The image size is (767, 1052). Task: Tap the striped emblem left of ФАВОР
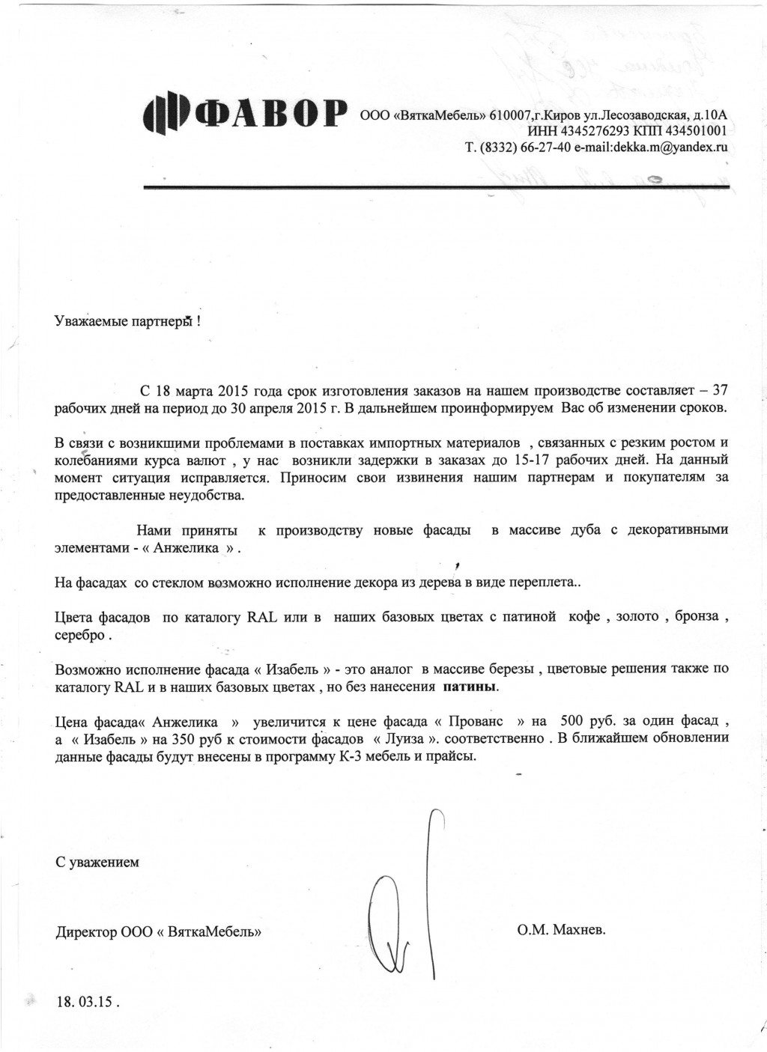coord(162,115)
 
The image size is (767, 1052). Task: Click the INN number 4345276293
coord(580,131)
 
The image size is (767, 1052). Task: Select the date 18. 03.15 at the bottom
coord(87,1002)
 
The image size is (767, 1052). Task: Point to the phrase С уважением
coord(97,862)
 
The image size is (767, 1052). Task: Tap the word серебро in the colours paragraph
coord(80,635)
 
